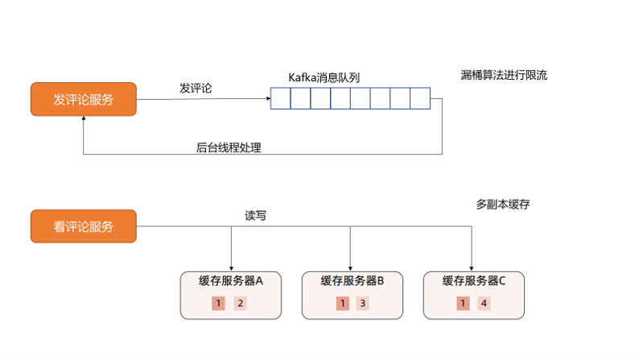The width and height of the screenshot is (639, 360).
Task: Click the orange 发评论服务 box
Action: point(84,99)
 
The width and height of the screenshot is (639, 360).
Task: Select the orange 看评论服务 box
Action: point(84,226)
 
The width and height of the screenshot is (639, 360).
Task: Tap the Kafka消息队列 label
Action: point(324,77)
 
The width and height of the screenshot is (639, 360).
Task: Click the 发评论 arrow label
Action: point(196,88)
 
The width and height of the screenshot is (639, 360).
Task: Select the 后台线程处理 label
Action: point(229,147)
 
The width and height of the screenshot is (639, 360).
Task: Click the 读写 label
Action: point(256,216)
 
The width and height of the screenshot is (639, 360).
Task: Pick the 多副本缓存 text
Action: point(503,205)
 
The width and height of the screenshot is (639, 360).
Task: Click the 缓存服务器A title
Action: point(231,281)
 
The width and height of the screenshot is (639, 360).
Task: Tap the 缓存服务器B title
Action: point(352,281)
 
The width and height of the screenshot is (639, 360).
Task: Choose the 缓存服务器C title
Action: point(474,281)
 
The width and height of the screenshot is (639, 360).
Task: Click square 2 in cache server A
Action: point(240,304)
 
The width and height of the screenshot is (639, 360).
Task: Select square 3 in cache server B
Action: point(362,304)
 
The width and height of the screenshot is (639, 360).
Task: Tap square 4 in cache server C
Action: point(484,304)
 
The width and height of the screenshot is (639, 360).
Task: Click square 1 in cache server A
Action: point(218,304)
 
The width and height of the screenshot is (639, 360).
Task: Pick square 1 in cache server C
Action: point(463,304)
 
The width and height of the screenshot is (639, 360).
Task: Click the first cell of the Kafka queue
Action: point(280,98)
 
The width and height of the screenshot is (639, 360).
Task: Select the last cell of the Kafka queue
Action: point(420,98)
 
